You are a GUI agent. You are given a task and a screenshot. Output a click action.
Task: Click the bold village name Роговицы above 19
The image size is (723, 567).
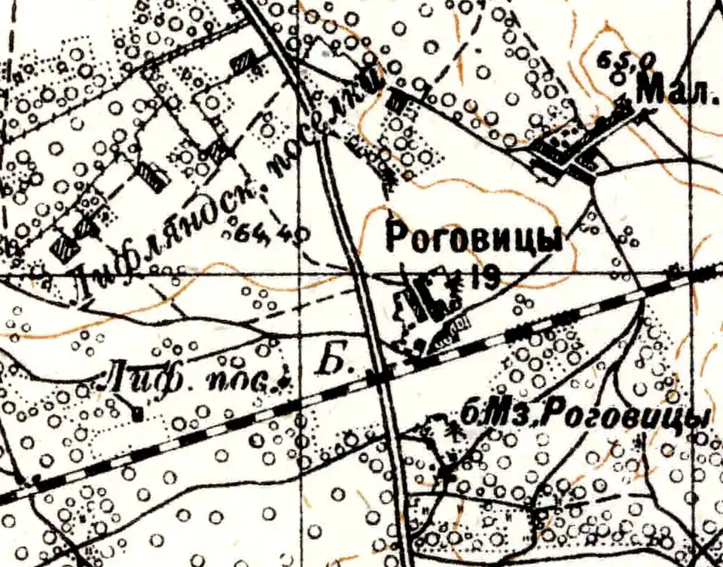[x=474, y=239]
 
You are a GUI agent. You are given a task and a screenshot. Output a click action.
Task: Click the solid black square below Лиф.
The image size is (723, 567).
[x=137, y=413]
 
